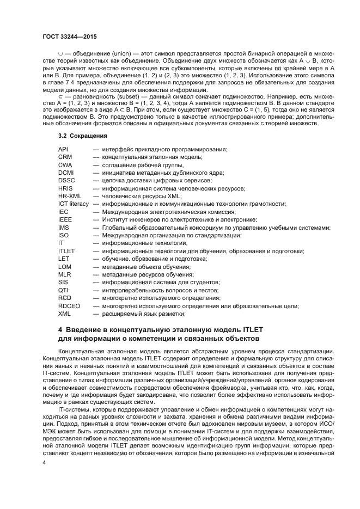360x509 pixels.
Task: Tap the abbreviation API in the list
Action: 63,149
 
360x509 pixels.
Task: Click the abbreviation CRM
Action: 65,157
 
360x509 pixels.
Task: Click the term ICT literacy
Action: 73,204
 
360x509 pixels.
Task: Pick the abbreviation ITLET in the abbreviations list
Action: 66,251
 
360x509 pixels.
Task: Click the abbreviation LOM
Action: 64,267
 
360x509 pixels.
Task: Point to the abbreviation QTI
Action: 63,290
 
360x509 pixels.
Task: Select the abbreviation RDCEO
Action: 69,306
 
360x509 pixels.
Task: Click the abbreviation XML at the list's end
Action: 64,314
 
